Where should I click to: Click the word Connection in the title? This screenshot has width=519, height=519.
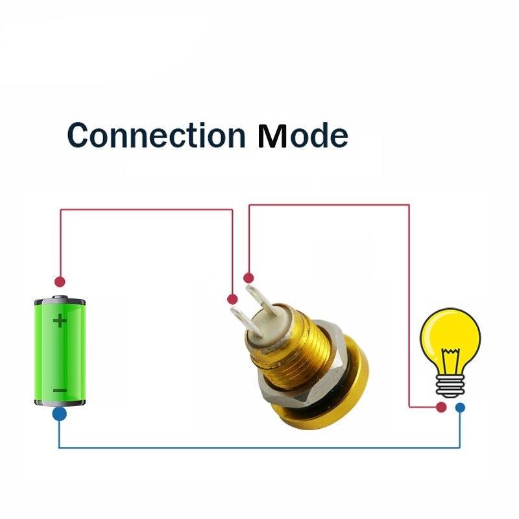coord(156,135)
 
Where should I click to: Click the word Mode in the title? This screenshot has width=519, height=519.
coord(303,135)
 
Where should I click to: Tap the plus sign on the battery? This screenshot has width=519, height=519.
coord(60,321)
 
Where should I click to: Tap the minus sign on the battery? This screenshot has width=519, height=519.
coord(60,391)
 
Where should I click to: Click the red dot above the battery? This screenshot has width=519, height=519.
coord(60,282)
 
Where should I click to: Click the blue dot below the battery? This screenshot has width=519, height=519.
coord(59,414)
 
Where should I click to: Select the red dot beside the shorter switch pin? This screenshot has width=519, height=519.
coord(232,299)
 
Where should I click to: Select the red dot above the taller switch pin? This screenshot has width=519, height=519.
coord(248,278)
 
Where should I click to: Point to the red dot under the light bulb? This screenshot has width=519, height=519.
coord(441,407)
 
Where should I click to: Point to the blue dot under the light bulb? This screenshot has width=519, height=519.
coord(460,407)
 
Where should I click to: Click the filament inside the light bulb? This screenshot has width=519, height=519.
coord(450,361)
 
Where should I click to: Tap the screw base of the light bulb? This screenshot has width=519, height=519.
coord(450,386)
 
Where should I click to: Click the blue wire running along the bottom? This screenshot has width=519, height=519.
coord(259,448)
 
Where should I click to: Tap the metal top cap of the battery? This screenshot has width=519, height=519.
coord(60,300)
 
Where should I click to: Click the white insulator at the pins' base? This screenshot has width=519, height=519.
coord(269,326)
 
